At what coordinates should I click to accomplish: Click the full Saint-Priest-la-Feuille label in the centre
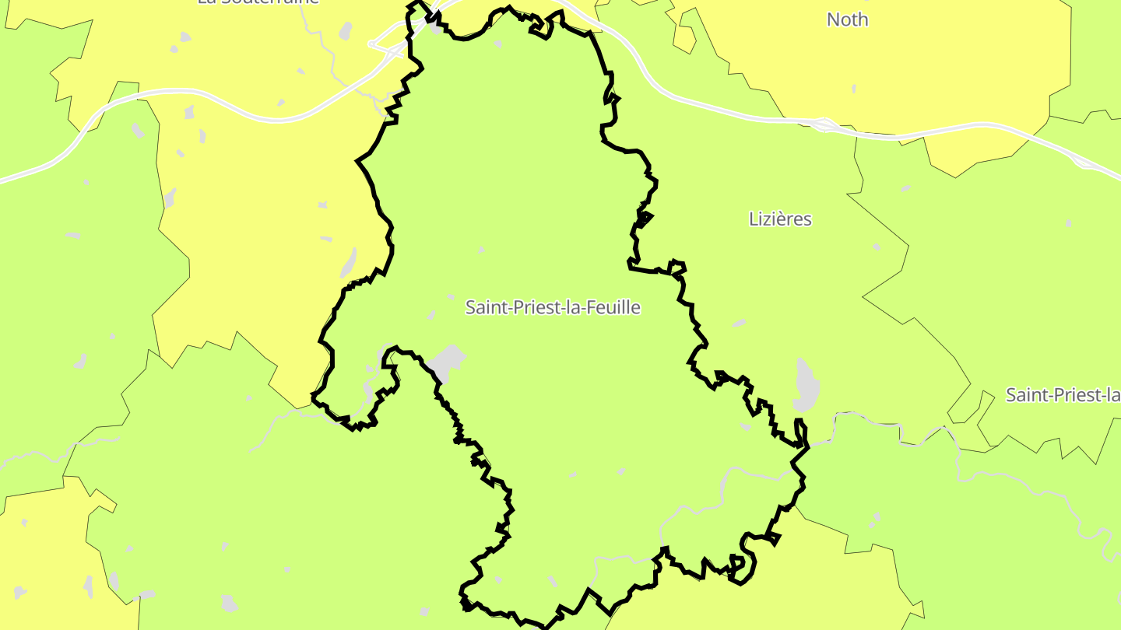553,307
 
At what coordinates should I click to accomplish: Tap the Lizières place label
780,219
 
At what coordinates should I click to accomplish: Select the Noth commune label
847,19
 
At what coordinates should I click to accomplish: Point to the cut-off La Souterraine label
258,2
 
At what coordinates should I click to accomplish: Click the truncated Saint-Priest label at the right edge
1063,395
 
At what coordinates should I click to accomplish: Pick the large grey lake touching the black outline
446,362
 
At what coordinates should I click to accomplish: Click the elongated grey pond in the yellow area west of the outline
348,263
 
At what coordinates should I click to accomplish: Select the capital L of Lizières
754,219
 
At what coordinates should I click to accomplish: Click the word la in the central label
575,307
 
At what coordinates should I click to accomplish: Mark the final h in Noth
863,19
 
